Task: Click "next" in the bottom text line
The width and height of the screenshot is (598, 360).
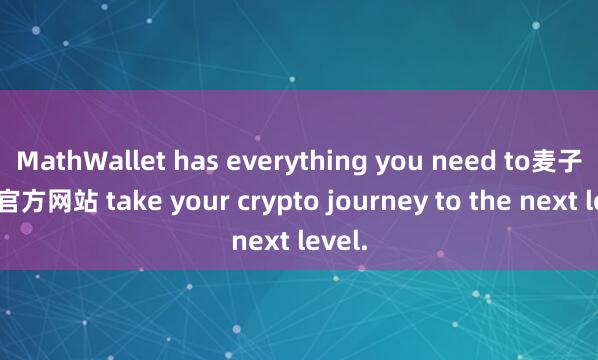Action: point(258,240)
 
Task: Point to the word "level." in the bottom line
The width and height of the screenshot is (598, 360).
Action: point(327,240)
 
